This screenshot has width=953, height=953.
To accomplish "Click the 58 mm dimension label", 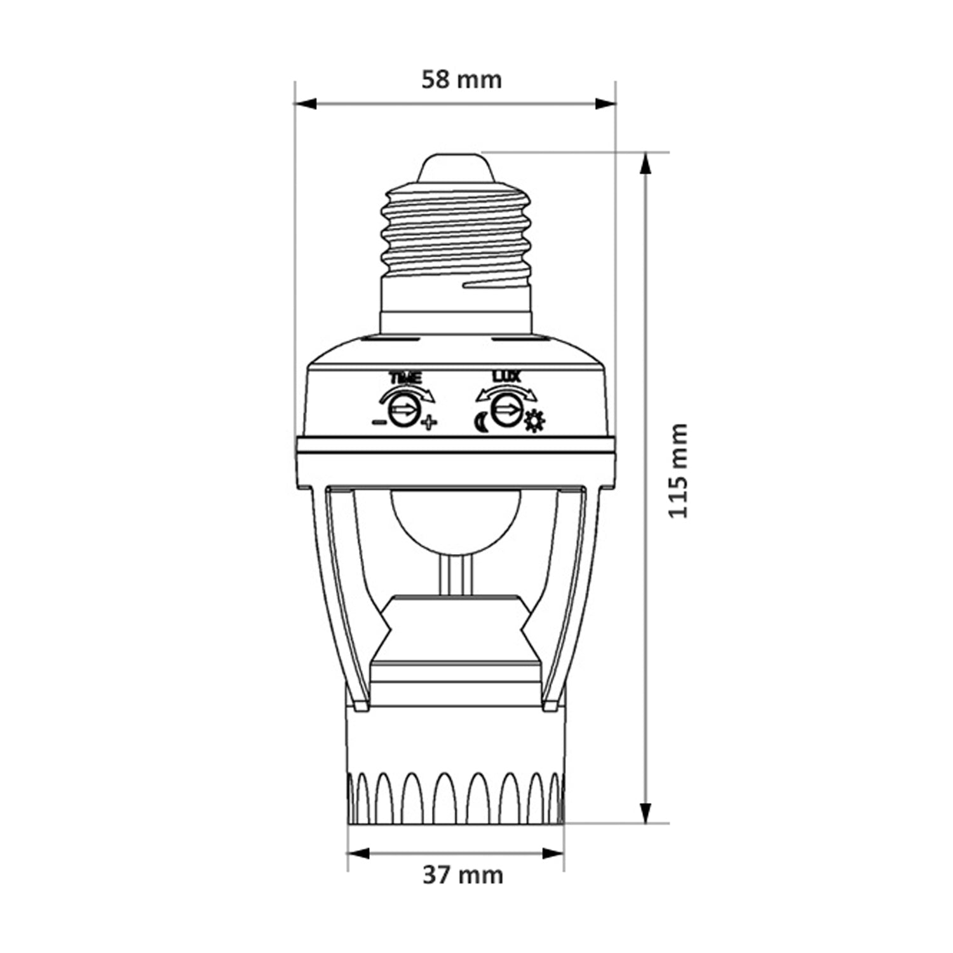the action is [462, 79].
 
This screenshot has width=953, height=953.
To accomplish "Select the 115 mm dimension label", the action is [679, 471].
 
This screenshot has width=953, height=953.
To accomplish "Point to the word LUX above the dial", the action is [507, 377].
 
